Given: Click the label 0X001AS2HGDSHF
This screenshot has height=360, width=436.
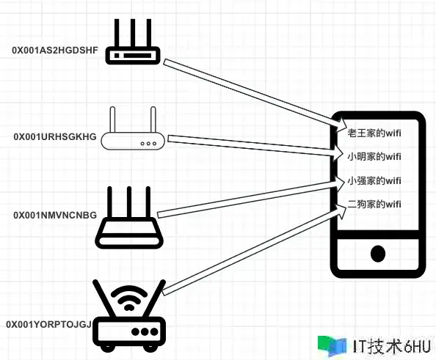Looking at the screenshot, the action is point(55,51).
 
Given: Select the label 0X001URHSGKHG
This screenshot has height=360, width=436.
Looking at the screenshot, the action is point(55,136).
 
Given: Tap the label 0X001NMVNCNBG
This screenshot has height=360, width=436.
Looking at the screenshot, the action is point(55,215).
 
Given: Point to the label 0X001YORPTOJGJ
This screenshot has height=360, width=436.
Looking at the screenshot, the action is point(49,324).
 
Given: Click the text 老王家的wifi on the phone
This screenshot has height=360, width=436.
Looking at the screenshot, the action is point(374,133).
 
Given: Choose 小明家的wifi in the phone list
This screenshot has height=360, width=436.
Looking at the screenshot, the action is point(374,157).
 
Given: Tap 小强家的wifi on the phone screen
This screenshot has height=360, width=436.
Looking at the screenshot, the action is point(374,181).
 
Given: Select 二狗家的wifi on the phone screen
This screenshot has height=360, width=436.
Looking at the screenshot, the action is point(374,205).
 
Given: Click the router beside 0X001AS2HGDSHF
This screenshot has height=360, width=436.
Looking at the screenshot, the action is point(133,42).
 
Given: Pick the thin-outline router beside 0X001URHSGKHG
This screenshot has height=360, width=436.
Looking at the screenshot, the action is point(133,128).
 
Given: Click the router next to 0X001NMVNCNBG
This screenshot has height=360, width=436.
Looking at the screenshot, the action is point(129,218).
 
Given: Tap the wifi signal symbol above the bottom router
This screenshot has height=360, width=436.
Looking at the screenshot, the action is point(128,298).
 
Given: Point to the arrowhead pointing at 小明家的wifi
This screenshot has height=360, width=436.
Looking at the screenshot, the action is point(341,153).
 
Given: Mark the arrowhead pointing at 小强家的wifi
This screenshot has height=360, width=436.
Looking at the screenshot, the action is point(341,183).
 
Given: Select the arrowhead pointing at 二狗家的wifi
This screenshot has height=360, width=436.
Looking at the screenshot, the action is point(342,210).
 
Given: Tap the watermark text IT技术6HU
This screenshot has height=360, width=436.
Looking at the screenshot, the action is point(393,346).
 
